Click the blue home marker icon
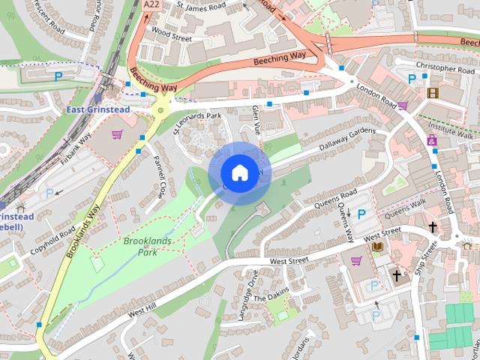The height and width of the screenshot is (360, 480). pos(238,172)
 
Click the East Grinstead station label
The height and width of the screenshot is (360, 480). pos(97,109)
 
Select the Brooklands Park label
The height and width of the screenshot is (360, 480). pos(147,247)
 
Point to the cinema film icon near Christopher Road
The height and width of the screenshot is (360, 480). pos(432,93)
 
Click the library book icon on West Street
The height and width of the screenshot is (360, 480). pos(377,246)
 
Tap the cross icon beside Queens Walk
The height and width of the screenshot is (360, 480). pos(432,226)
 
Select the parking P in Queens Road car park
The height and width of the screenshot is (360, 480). pos(361,214)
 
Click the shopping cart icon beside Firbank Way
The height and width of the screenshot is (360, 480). pos(117,135)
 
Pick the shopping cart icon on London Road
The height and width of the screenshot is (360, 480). pos(403,106)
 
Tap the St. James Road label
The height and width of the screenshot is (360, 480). pos(201,7)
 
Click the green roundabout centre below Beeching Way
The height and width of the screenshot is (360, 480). pos(159,111)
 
